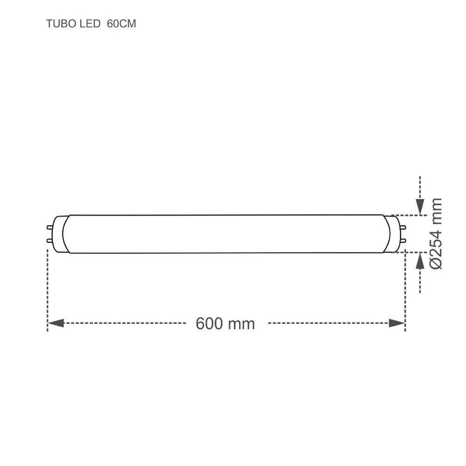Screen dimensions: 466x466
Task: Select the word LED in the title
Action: [x=84, y=24]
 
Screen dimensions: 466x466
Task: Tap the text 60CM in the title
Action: [x=121, y=24]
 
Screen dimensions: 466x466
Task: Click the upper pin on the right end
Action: [x=404, y=227]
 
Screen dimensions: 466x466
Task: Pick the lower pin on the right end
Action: [x=404, y=240]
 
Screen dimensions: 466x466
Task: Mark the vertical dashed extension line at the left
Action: [x=48, y=289]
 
